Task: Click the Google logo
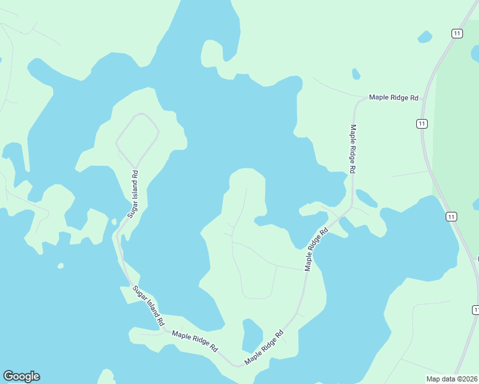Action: (21, 376)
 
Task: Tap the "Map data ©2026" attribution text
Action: (451, 378)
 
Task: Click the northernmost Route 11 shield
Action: (456, 33)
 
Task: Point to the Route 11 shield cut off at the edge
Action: (476, 310)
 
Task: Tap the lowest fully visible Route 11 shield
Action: (451, 217)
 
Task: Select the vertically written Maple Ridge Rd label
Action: (352, 148)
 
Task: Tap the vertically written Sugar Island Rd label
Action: (133, 193)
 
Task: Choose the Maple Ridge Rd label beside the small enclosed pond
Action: (264, 347)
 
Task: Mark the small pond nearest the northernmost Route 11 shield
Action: (425, 37)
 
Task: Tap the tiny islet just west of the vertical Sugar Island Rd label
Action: (114, 222)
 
